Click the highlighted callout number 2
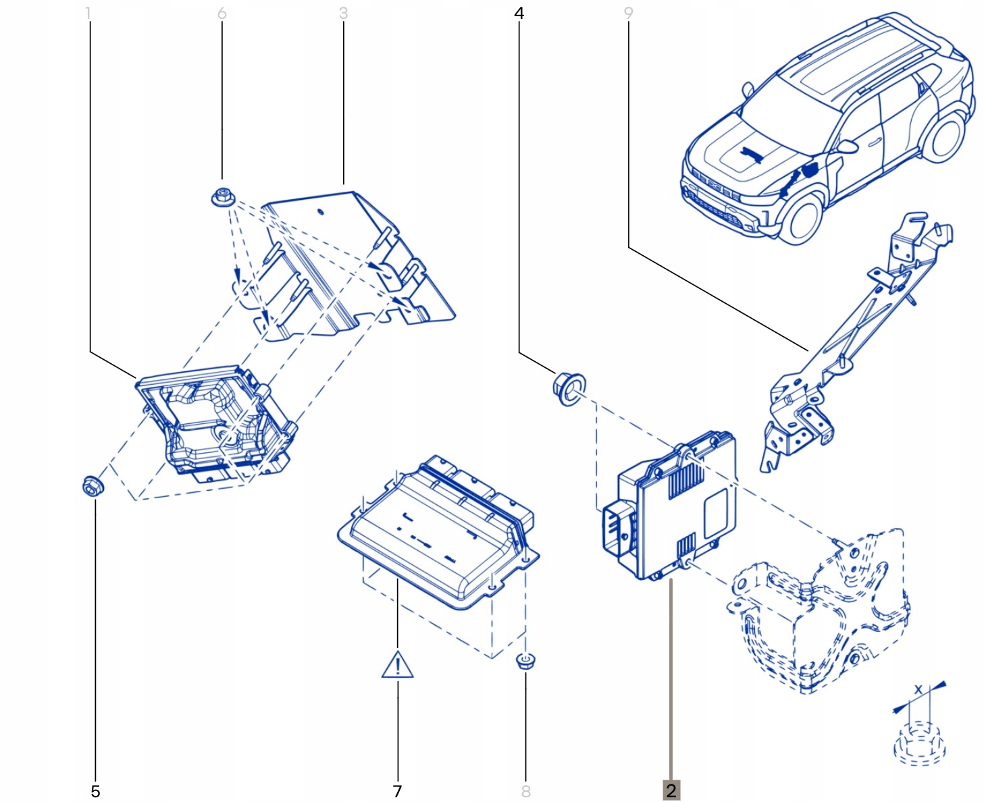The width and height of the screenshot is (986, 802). point(671,791)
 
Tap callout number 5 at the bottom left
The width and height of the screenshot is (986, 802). point(95,791)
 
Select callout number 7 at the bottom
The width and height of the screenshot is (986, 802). point(397,791)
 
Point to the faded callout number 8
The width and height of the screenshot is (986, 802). point(526,791)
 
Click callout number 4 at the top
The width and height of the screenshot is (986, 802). point(519,13)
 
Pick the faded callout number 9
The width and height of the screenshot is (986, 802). point(629,13)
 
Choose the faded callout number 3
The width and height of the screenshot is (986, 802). point(343,13)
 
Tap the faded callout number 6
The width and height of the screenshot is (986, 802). point(222,13)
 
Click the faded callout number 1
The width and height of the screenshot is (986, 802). point(88,13)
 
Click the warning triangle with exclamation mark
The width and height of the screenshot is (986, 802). point(397,665)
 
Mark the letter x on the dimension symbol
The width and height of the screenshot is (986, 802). point(918,690)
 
